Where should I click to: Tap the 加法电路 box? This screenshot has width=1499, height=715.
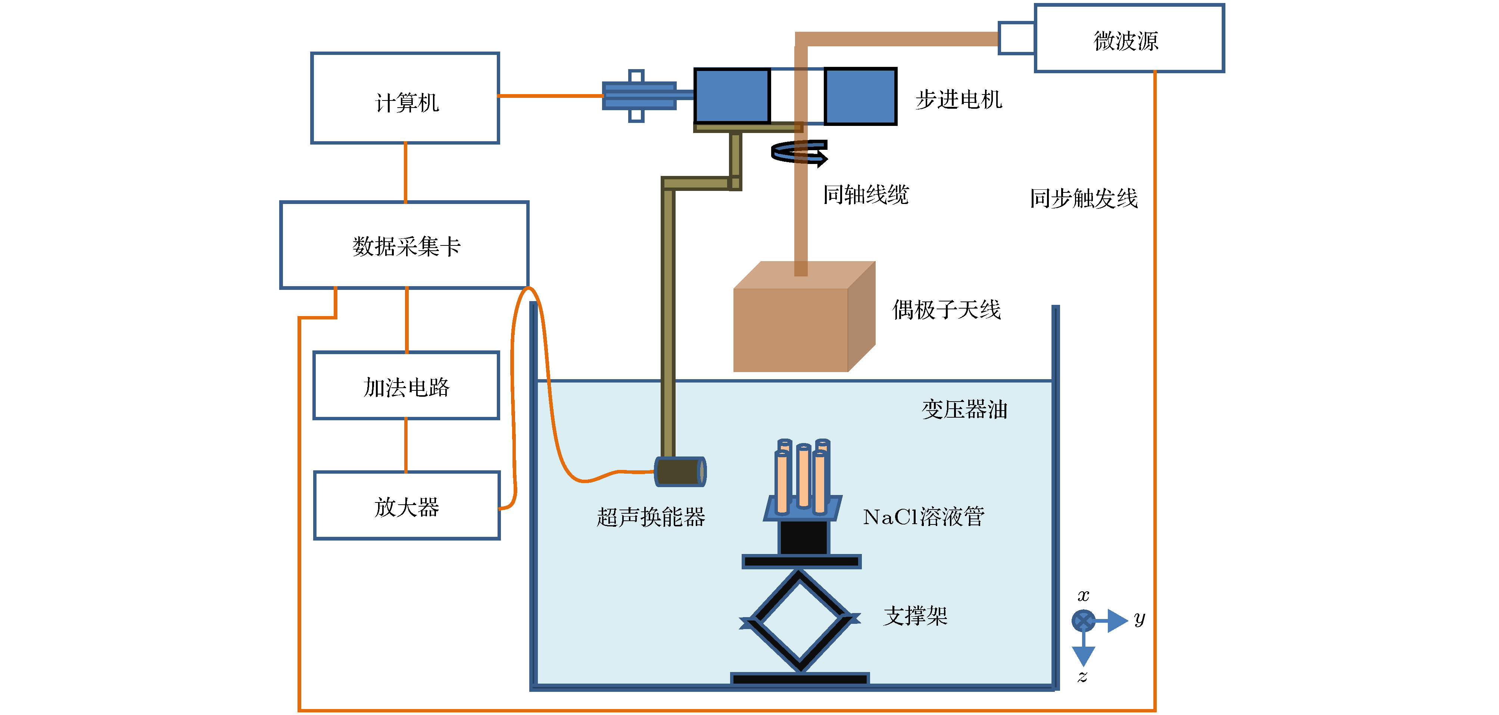[406, 386]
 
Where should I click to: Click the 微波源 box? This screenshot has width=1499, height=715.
[1128, 39]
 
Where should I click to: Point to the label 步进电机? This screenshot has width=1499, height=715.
[959, 100]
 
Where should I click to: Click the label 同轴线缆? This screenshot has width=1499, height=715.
[866, 195]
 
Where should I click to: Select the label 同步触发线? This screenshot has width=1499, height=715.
[1084, 198]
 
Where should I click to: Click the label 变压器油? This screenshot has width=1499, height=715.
[964, 409]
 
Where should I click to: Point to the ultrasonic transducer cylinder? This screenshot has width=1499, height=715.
[680, 471]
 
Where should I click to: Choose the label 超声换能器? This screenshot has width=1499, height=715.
[651, 517]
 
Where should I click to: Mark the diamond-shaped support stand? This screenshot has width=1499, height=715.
[800, 620]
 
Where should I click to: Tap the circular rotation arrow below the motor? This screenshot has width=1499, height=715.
[799, 152]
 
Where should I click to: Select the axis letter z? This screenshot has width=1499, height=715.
[1082, 677]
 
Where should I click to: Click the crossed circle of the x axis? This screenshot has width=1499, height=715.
[1083, 621]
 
